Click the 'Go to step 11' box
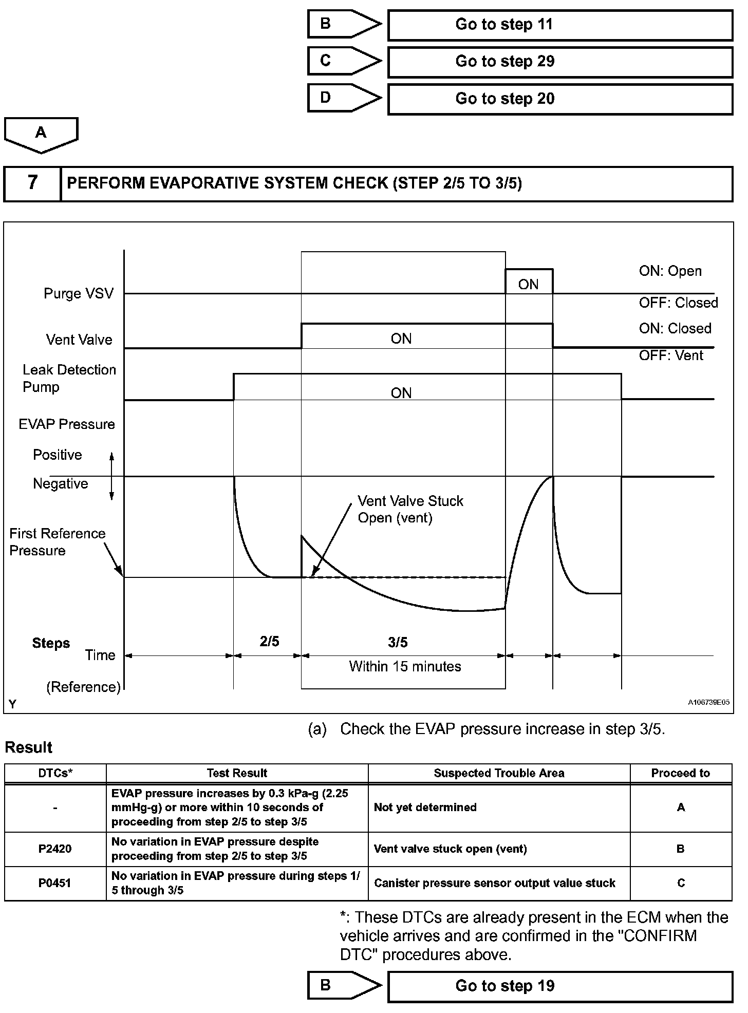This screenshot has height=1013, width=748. (559, 25)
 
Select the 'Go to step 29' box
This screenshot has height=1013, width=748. (559, 62)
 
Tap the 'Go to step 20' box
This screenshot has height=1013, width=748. (559, 99)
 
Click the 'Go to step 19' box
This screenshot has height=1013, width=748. (559, 986)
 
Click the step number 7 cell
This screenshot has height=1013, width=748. (32, 183)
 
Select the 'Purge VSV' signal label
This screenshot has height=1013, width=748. (78, 293)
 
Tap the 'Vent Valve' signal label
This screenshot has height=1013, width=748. (79, 340)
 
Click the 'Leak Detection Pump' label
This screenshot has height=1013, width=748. (69, 378)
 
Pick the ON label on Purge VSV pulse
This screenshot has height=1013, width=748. (528, 285)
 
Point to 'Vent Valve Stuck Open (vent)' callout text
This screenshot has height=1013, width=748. (410, 509)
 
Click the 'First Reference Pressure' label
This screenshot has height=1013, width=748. (57, 542)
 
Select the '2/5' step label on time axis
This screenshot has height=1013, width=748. (269, 641)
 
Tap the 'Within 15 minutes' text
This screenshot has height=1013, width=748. (405, 666)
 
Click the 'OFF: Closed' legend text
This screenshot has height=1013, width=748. (678, 303)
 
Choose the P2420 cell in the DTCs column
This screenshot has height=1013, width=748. (55, 849)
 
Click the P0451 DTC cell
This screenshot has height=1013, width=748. (55, 883)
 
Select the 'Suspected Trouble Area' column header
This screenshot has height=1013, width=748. (499, 773)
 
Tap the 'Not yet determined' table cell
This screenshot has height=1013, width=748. (425, 807)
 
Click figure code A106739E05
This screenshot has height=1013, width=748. (708, 702)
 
